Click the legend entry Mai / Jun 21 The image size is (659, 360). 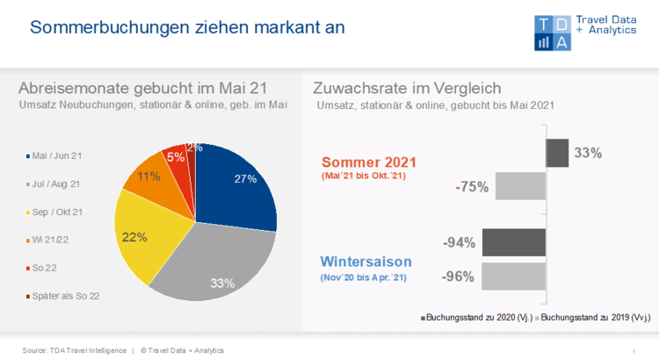pyautogui.click(x=56, y=155)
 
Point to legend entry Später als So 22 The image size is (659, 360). pyautogui.click(x=67, y=296)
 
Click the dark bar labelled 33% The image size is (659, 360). pyautogui.click(x=557, y=153)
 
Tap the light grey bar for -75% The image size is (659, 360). pyautogui.click(x=520, y=186)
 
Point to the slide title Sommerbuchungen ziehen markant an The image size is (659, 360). pyautogui.click(x=187, y=27)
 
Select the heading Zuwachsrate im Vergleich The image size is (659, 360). pyautogui.click(x=407, y=88)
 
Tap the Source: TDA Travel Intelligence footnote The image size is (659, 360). pyautogui.click(x=74, y=350)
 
